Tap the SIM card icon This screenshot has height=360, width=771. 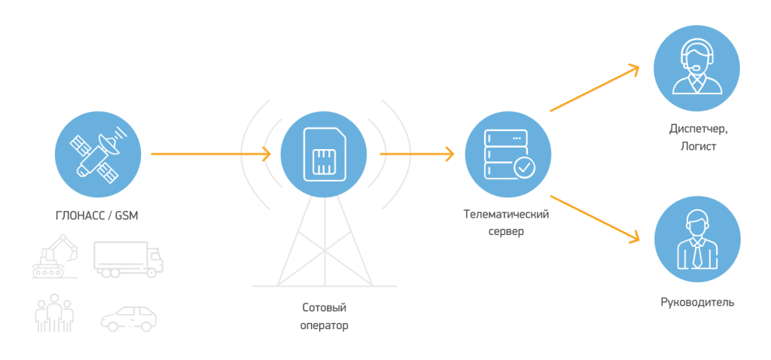[x=324, y=154]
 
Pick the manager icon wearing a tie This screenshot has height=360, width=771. [x=696, y=241]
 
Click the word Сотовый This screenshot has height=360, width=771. [x=325, y=308]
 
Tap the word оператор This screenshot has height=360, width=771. [x=325, y=325]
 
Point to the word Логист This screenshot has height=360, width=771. [x=696, y=146]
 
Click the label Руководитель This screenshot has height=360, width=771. [x=696, y=303]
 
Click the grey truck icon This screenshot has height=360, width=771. [x=128, y=258]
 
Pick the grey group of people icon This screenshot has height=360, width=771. [x=55, y=313]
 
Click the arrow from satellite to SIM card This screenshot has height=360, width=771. [x=210, y=154]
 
